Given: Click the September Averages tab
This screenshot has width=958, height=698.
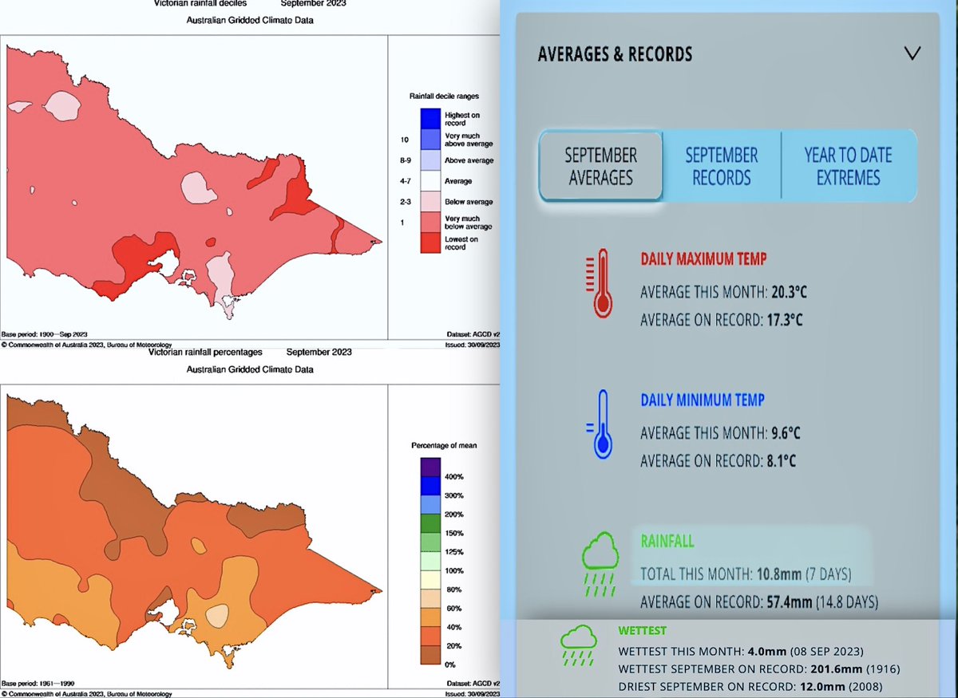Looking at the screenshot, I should [x=600, y=167].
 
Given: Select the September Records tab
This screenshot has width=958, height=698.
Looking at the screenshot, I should [x=722, y=167].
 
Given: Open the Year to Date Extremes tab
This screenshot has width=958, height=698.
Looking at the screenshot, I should [x=848, y=167].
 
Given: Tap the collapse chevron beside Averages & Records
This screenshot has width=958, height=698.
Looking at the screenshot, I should [x=912, y=53].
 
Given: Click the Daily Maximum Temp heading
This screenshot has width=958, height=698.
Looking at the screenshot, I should [x=703, y=259].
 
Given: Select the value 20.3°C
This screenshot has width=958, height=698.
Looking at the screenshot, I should [x=790, y=292].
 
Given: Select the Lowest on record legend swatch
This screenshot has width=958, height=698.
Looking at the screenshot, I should [x=431, y=243].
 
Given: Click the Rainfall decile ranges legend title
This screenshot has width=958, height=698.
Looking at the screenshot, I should [x=445, y=96].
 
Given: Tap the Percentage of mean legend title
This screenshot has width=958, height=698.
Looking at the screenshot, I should [x=445, y=445].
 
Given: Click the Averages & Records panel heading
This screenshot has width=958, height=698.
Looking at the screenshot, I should [x=615, y=54].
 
